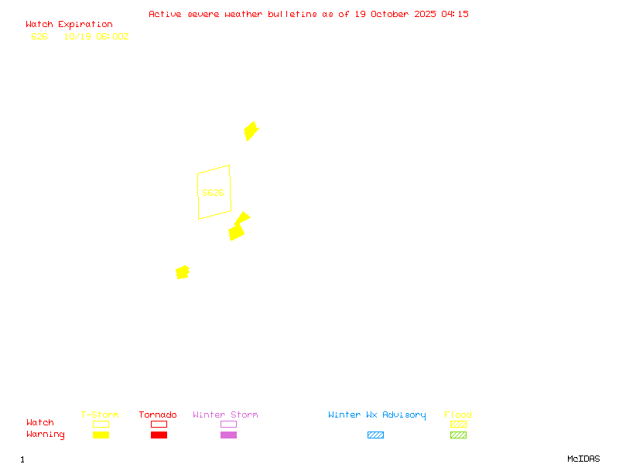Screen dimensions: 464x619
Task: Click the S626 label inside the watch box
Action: coord(213,193)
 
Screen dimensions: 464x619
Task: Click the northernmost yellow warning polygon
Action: coord(251,130)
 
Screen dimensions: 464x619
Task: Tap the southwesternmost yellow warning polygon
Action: coord(183,272)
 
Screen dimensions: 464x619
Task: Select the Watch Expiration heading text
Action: coord(69,25)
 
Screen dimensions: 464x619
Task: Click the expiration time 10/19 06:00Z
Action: coord(96,36)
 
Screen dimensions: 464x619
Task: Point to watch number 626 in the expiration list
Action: coord(39,36)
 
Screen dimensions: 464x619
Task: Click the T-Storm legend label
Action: coord(100,415)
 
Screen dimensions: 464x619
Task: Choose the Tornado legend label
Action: coord(158,415)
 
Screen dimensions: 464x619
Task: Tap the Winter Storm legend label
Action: coord(225,415)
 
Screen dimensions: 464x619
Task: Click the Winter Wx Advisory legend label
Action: coord(377,415)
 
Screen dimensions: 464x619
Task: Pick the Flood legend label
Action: coord(458,415)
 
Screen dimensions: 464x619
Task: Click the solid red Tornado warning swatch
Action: coord(159,435)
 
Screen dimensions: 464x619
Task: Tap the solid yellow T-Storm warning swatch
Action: coord(101,435)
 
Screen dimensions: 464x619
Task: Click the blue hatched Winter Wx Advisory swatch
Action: coord(375,435)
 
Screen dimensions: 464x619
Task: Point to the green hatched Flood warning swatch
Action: coord(458,435)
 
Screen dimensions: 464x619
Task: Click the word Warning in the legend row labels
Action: coord(46,435)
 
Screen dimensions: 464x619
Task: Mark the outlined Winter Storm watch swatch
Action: coord(228,424)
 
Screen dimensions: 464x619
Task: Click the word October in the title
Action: coord(396,14)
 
